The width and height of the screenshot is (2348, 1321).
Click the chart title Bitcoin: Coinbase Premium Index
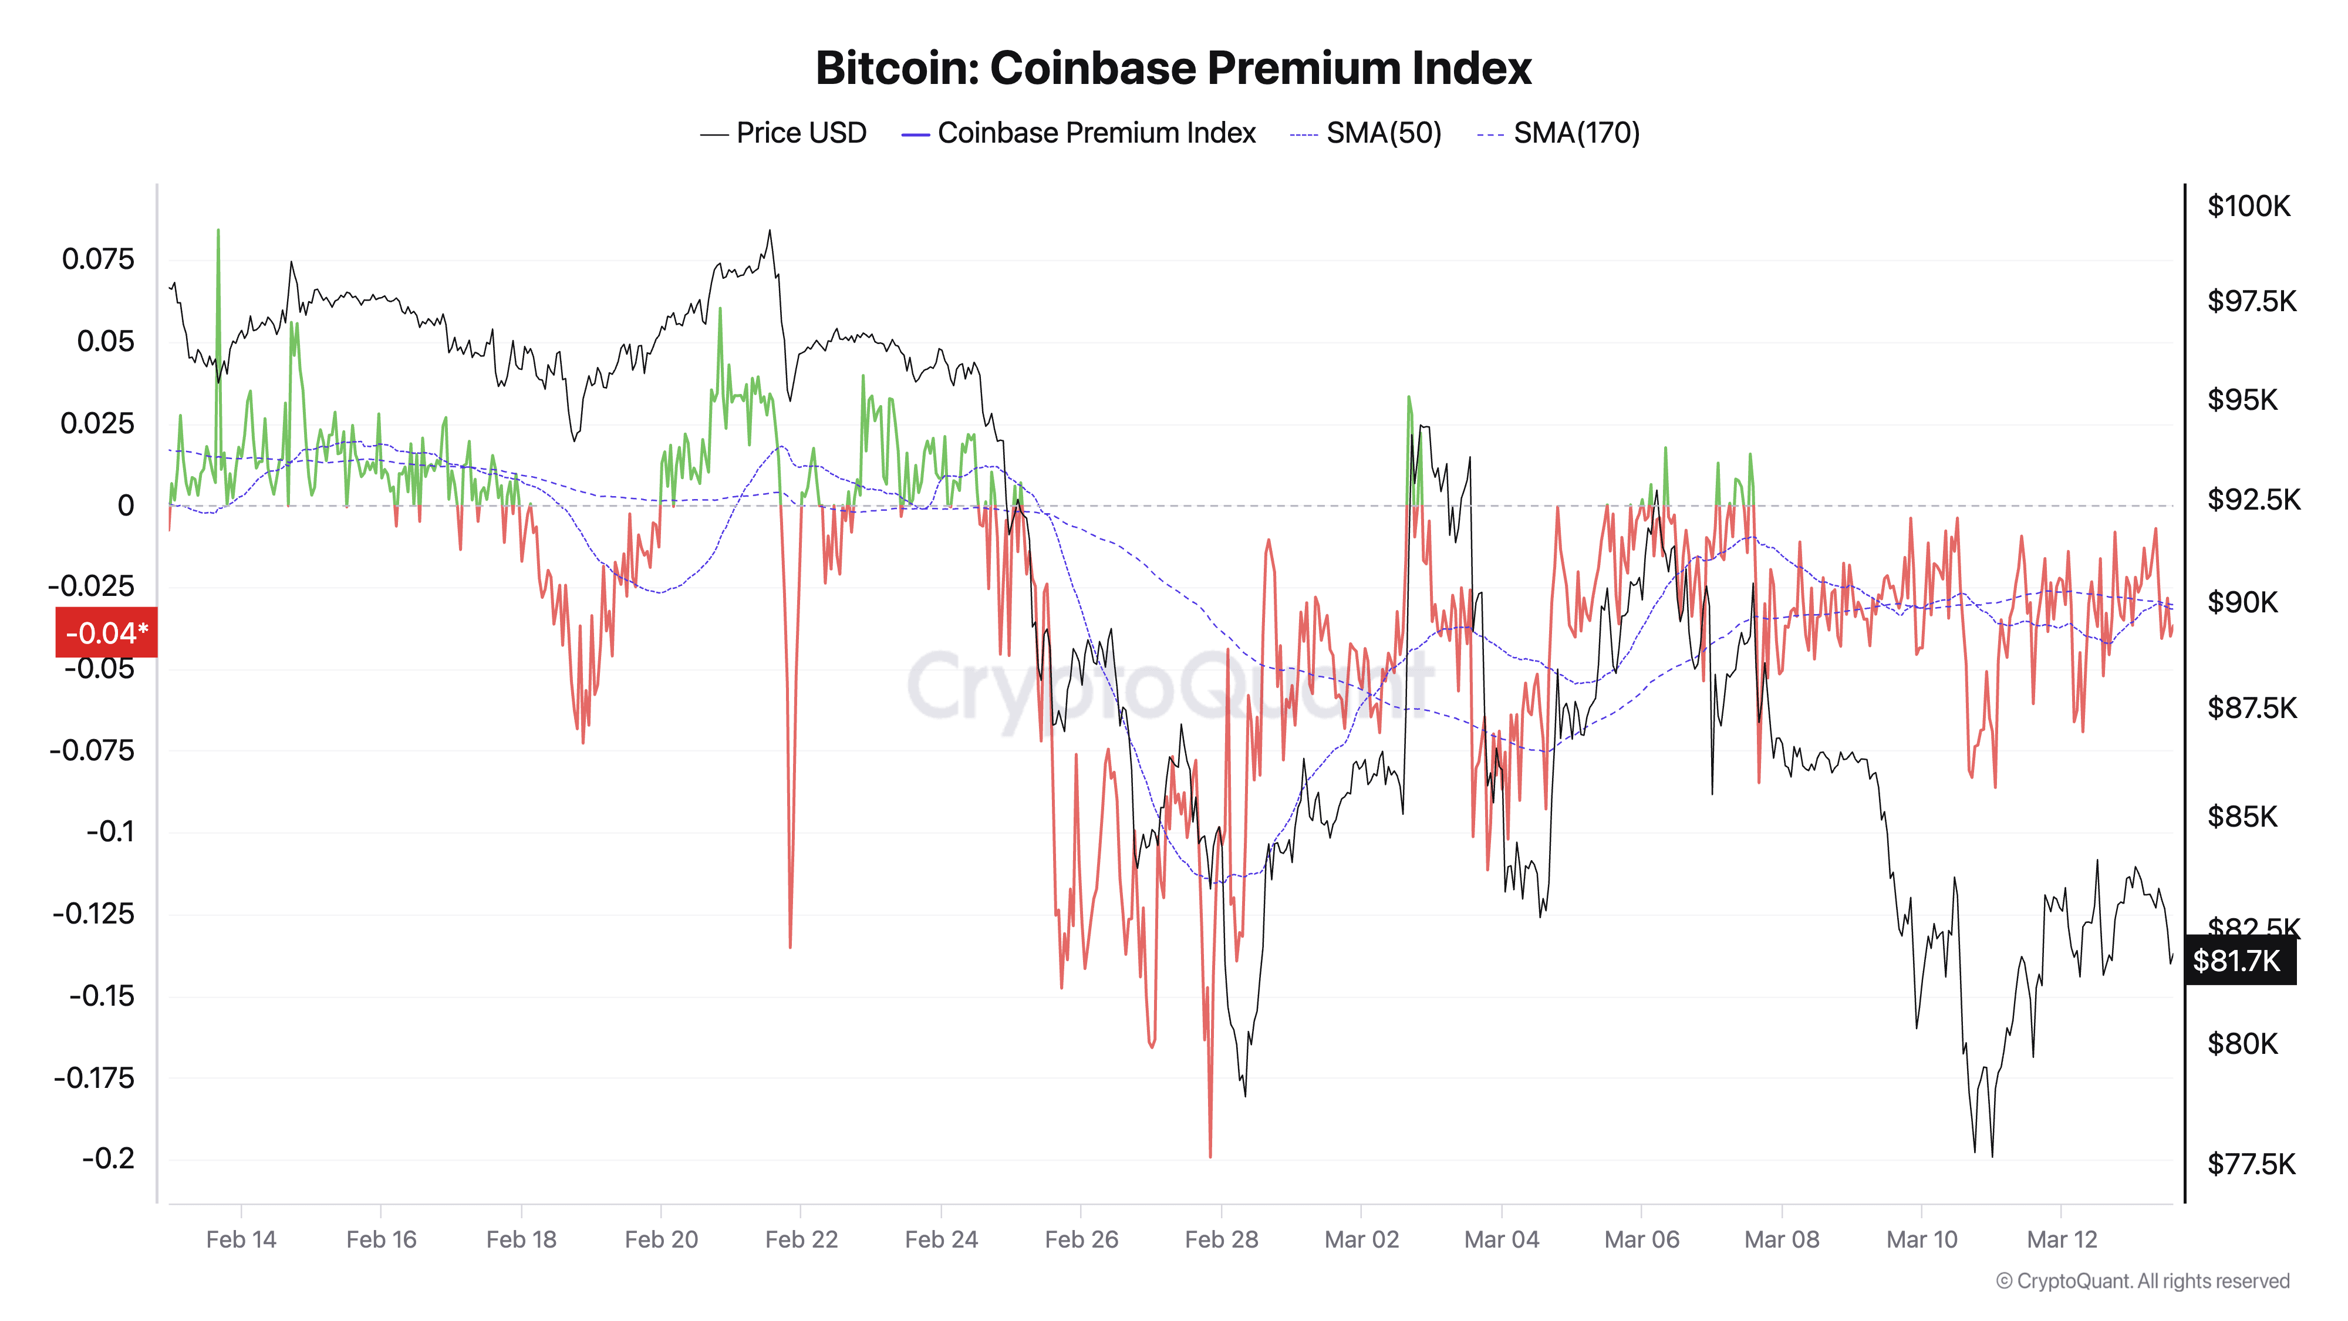pyautogui.click(x=1173, y=68)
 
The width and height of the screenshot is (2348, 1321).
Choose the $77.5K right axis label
pyautogui.click(x=2251, y=1164)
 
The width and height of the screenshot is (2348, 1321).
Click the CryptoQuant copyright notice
pyautogui.click(x=2142, y=1281)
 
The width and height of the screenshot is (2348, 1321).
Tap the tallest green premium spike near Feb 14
pyautogui.click(x=218, y=234)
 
